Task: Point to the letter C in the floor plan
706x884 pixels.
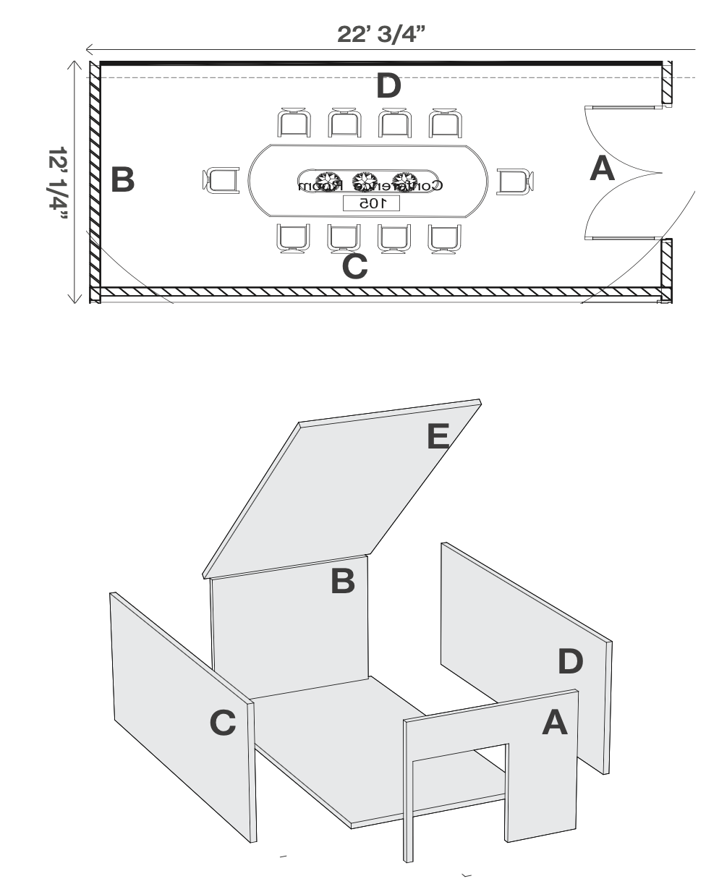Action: (x=354, y=266)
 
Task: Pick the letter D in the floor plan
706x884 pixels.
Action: (x=388, y=87)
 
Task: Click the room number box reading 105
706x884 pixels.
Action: (x=370, y=203)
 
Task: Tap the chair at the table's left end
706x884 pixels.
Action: (x=221, y=179)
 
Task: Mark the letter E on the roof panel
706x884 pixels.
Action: (x=438, y=435)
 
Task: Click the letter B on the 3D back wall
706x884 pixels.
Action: (x=343, y=581)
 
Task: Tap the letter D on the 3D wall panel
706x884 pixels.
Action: (x=570, y=660)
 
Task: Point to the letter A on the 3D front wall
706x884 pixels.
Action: (x=555, y=722)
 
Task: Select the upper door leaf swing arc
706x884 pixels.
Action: (x=621, y=134)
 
